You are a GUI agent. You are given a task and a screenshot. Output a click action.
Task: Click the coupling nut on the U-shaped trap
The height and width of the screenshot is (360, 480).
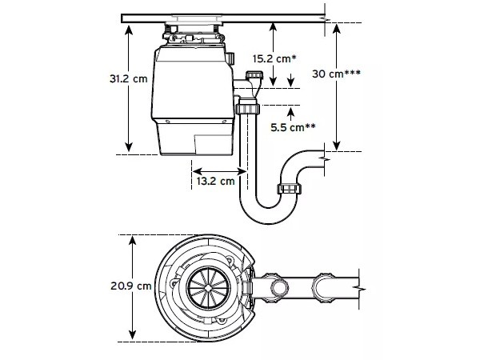288,190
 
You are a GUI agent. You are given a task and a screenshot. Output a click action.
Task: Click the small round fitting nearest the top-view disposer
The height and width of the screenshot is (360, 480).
278,286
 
